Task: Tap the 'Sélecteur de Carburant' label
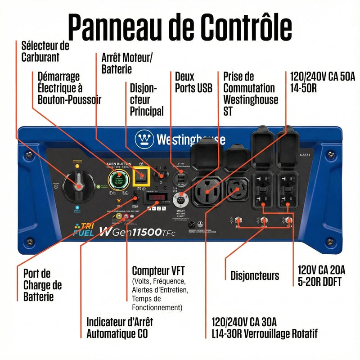point(45,51)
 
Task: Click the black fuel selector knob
point(78,185)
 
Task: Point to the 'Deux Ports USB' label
point(193,82)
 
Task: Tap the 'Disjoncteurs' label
point(255,275)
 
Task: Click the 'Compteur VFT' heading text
point(158,270)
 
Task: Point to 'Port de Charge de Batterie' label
point(43,285)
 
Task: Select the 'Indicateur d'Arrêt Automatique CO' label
point(119,328)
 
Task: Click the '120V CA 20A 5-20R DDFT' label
point(321,275)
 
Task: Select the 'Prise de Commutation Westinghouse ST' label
point(251,94)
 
